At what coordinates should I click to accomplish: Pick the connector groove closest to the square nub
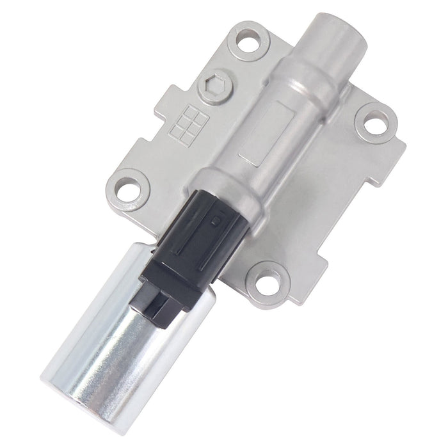pos(208,227)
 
